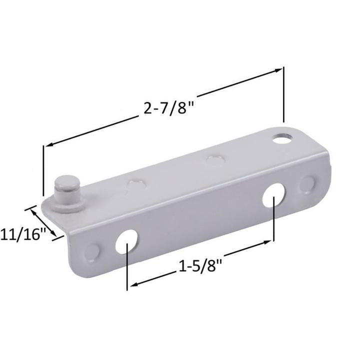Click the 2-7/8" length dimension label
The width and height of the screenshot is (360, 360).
168,107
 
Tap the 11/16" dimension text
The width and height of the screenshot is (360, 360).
22,233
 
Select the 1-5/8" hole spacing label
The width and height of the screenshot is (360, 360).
200,267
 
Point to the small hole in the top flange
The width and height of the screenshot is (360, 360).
283,136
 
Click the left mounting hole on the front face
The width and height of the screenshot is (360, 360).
128,240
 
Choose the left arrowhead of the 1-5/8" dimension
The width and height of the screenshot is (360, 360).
133,285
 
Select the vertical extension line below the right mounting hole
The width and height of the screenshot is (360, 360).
273,220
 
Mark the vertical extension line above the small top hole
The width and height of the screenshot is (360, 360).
284,95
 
